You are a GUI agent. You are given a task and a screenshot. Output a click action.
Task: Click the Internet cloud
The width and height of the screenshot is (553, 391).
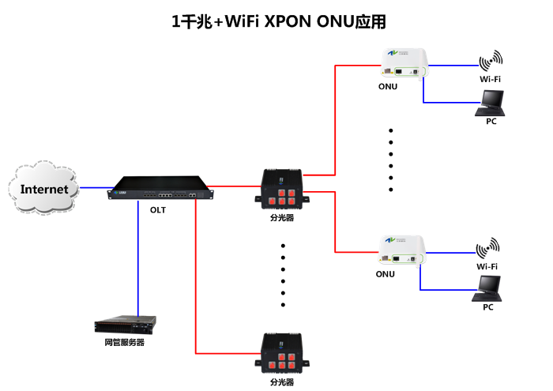click(x=46, y=189)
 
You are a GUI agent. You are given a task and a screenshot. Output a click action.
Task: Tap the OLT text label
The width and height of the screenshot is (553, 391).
click(x=158, y=209)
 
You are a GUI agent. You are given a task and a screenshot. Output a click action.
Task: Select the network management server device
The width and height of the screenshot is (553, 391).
click(x=125, y=325)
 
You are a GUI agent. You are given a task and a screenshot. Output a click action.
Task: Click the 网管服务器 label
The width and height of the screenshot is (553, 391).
click(x=125, y=343)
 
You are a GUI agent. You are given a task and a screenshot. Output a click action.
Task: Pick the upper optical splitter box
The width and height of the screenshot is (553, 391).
click(x=282, y=190)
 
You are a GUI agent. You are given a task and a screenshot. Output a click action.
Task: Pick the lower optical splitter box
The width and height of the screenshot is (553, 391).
click(x=282, y=355)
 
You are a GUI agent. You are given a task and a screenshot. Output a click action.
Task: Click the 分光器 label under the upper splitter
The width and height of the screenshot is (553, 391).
click(x=282, y=217)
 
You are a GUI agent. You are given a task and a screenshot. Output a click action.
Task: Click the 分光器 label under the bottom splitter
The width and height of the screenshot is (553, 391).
click(x=282, y=382)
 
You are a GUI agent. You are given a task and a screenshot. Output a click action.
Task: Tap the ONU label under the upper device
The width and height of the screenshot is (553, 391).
click(x=387, y=86)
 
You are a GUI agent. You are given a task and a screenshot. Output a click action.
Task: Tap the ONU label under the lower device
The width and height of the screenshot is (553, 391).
click(x=386, y=274)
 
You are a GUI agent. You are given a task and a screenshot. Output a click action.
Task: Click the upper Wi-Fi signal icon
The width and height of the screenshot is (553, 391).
click(x=491, y=61)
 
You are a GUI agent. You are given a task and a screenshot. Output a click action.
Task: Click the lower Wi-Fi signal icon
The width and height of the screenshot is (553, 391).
click(x=488, y=248)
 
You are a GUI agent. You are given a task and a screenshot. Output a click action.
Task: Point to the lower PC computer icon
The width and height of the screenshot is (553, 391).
click(x=487, y=289)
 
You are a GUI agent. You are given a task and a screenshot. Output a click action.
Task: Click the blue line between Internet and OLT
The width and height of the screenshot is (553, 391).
click(x=95, y=188)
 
